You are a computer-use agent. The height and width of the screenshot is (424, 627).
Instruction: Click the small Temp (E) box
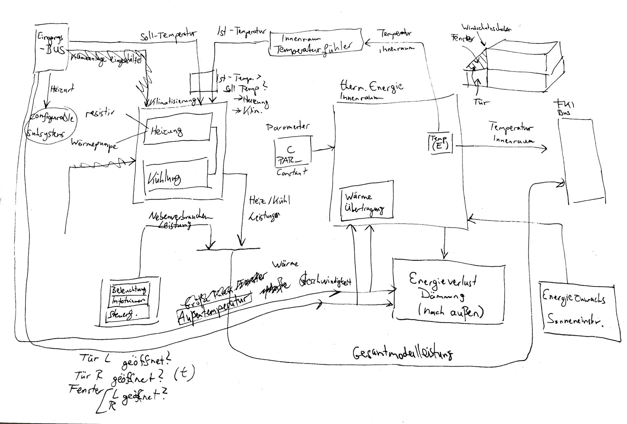tap(440, 142)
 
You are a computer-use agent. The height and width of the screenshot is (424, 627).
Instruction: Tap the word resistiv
tap(100, 113)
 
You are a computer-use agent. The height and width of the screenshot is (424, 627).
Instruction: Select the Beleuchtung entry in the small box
tap(129, 290)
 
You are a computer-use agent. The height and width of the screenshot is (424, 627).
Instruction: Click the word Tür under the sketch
tap(481, 102)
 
